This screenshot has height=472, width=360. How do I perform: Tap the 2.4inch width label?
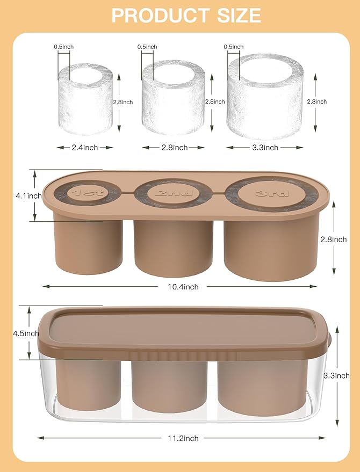(x=85, y=147)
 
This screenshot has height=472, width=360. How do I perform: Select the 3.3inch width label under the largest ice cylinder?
(x=265, y=147)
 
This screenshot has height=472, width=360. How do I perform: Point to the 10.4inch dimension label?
(x=180, y=287)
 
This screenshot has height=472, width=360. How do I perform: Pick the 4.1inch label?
(x=28, y=196)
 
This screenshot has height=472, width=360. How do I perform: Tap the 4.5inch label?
(x=26, y=332)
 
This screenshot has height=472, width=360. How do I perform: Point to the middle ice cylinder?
(x=173, y=98)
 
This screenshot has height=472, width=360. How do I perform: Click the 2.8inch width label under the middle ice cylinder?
(x=175, y=147)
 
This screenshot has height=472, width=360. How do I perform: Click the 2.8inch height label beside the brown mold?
(x=334, y=239)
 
